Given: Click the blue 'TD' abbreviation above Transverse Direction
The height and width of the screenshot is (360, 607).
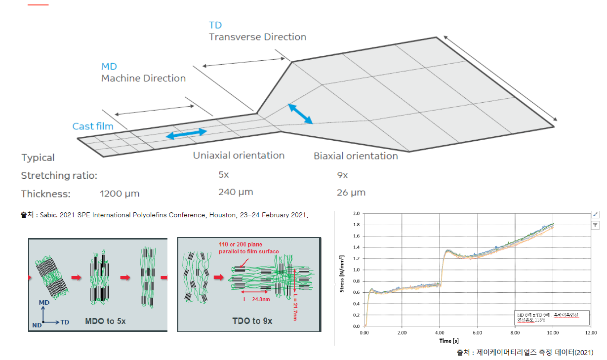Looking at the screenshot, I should pyautogui.click(x=215, y=25).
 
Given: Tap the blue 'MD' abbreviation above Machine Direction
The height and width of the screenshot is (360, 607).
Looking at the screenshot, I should pyautogui.click(x=109, y=67).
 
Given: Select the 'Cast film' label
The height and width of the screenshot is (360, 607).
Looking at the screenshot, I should pyautogui.click(x=93, y=126).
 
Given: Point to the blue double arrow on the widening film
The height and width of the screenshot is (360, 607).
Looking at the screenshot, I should pyautogui.click(x=300, y=114).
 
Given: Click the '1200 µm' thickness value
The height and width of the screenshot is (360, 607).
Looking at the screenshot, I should pyautogui.click(x=120, y=194).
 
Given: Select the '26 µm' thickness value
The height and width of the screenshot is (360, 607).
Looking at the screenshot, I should pyautogui.click(x=351, y=193).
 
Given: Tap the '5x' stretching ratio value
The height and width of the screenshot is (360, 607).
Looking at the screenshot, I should pyautogui.click(x=224, y=175).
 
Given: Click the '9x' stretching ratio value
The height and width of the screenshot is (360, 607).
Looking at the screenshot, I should pyautogui.click(x=342, y=175).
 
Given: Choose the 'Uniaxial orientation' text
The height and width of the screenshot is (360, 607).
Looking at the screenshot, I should pyautogui.click(x=239, y=156).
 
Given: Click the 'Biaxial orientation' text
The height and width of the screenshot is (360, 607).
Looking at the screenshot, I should pyautogui.click(x=356, y=156).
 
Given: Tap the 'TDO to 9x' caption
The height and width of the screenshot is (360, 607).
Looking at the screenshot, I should pyautogui.click(x=252, y=321).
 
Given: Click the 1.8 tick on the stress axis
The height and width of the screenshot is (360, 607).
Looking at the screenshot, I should pyautogui.click(x=357, y=225).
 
